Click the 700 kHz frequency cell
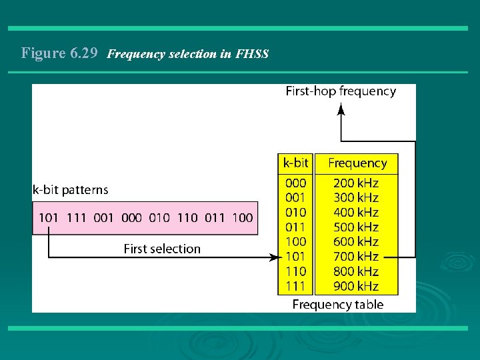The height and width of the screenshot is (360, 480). point(355,257)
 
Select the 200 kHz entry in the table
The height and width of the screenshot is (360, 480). point(355,183)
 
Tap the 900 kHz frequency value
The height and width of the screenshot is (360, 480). point(355,286)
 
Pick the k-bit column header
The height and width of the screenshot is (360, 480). point(295,163)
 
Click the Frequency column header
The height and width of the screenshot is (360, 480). point(357,163)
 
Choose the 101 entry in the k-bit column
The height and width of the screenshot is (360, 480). point(295,257)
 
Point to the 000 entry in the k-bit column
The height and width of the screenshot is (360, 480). point(295,183)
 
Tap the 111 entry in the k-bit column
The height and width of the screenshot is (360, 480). point(295,286)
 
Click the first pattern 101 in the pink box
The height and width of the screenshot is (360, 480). point(49,217)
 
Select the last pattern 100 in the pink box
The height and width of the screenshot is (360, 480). point(243,217)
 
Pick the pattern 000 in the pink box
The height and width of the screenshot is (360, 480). point(132,217)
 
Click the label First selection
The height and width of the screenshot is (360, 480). point(162,249)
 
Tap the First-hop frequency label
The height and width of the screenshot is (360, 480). point(341,91)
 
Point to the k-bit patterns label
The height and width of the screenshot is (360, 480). point(70,190)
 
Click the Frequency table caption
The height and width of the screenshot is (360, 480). point(338,305)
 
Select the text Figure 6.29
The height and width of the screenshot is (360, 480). point(60,53)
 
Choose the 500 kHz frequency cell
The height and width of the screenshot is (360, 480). point(355,227)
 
